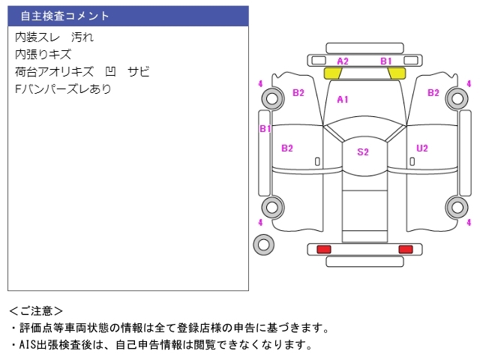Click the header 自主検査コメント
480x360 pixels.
pyautogui.click(x=64, y=16)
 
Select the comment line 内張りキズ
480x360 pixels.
pyautogui.click(x=43, y=54)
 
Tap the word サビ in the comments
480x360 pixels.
pyautogui.click(x=138, y=72)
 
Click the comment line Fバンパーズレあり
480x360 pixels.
pyautogui.click(x=63, y=89)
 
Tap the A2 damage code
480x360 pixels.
pyautogui.click(x=343, y=61)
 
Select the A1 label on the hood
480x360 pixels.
pyautogui.click(x=343, y=99)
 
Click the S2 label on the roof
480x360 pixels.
pyautogui.click(x=363, y=151)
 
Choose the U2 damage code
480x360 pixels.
pyautogui.click(x=422, y=148)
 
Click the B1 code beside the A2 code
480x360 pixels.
pyautogui.click(x=385, y=61)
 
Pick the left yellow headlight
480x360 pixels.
pyautogui.click(x=332, y=73)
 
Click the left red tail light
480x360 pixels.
pyautogui.click(x=324, y=249)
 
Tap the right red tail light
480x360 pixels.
pyautogui.click(x=405, y=249)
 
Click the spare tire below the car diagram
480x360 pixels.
pyautogui.click(x=263, y=243)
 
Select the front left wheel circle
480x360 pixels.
pyautogui.click(x=272, y=97)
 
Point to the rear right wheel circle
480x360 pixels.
pyautogui.click(x=456, y=207)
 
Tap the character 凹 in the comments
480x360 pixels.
pyautogui.click(x=111, y=72)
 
